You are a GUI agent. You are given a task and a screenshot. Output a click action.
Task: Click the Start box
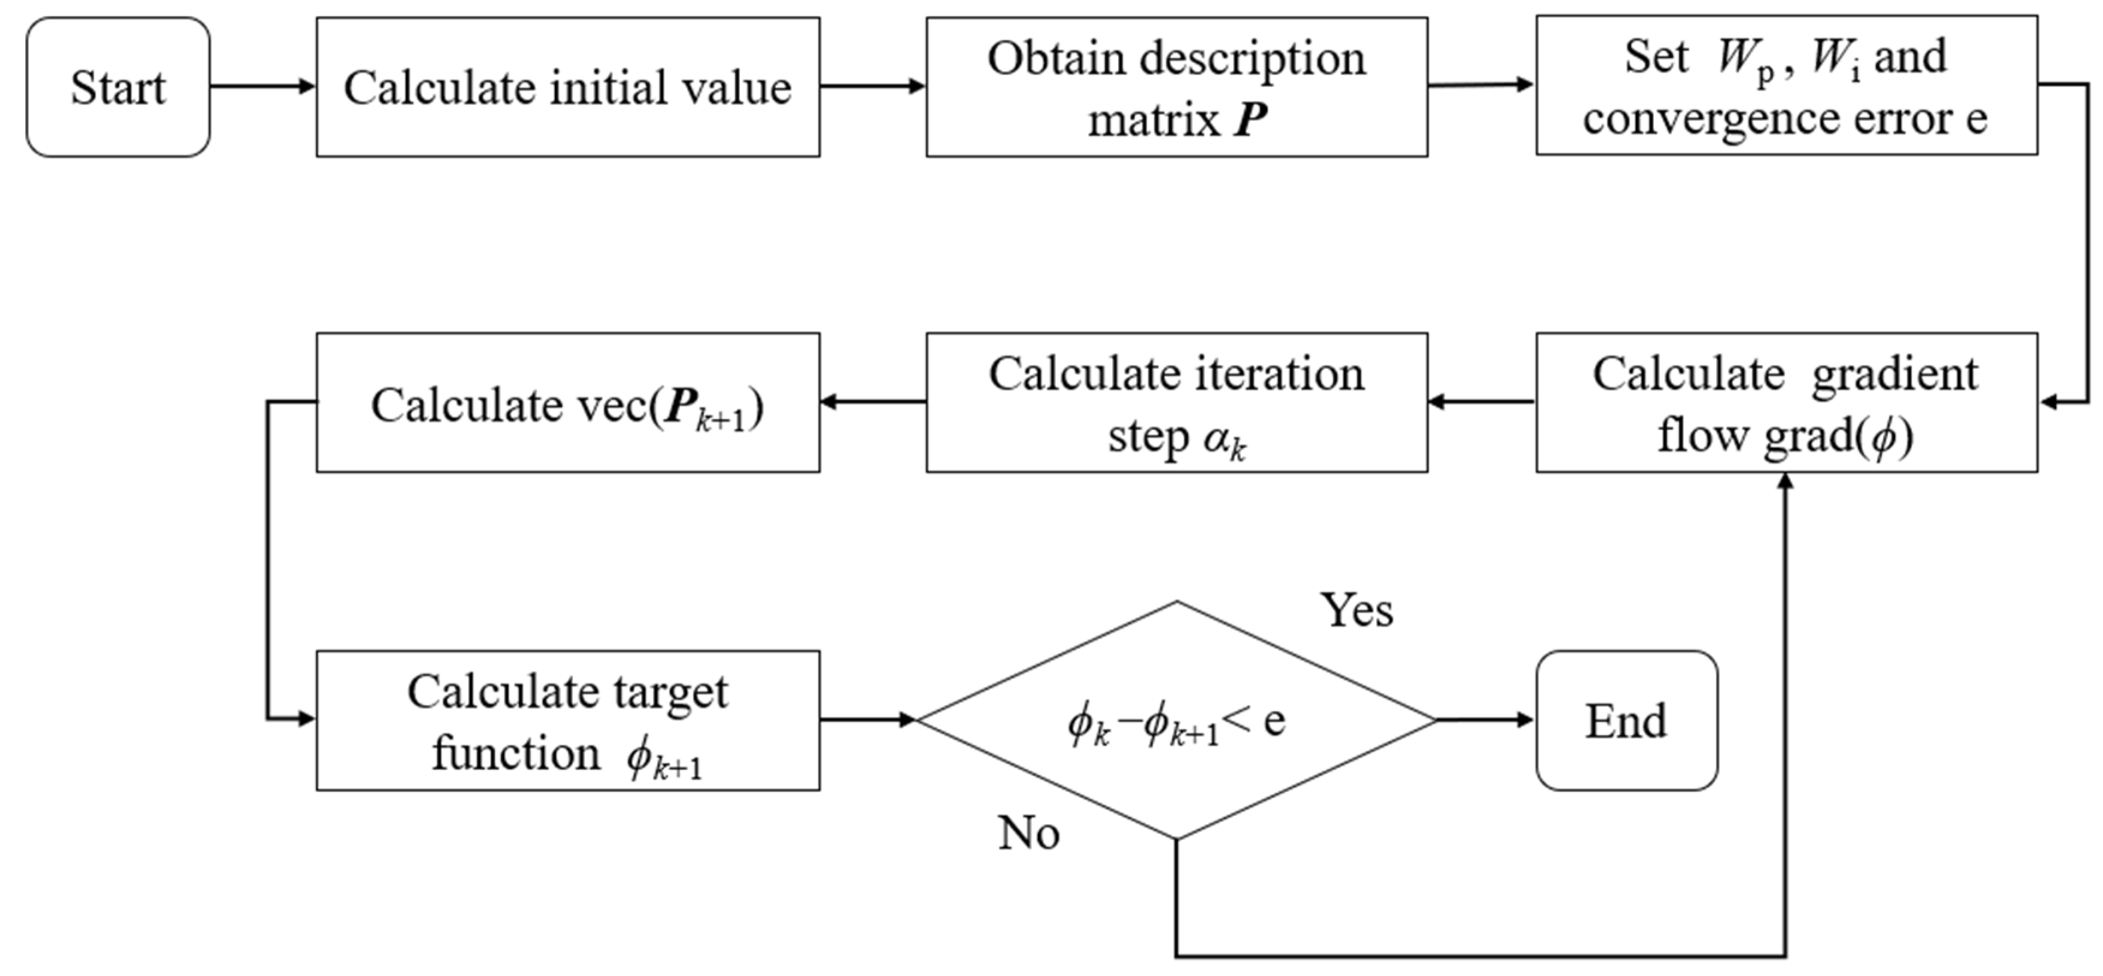[118, 87]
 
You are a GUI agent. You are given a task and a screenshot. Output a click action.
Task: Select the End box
[1626, 720]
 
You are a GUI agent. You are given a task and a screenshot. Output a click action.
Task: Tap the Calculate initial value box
[567, 87]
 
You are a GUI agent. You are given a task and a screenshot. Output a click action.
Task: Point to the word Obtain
[1053, 59]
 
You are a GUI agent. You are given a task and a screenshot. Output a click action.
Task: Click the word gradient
[1894, 375]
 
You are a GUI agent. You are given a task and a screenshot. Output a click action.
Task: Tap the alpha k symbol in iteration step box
[1224, 441]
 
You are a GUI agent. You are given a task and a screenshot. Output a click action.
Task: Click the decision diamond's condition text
[1176, 722]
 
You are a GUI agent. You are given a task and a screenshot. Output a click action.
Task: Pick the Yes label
[1356, 610]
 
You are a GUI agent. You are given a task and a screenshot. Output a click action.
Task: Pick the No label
[1028, 834]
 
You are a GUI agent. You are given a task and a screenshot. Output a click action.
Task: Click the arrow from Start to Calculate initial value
[262, 86]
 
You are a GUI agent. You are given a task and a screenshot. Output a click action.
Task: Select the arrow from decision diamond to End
[1484, 720]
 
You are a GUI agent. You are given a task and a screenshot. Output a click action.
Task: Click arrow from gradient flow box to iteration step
[1481, 402]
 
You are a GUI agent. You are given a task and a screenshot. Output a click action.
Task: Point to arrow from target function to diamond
[868, 720]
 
